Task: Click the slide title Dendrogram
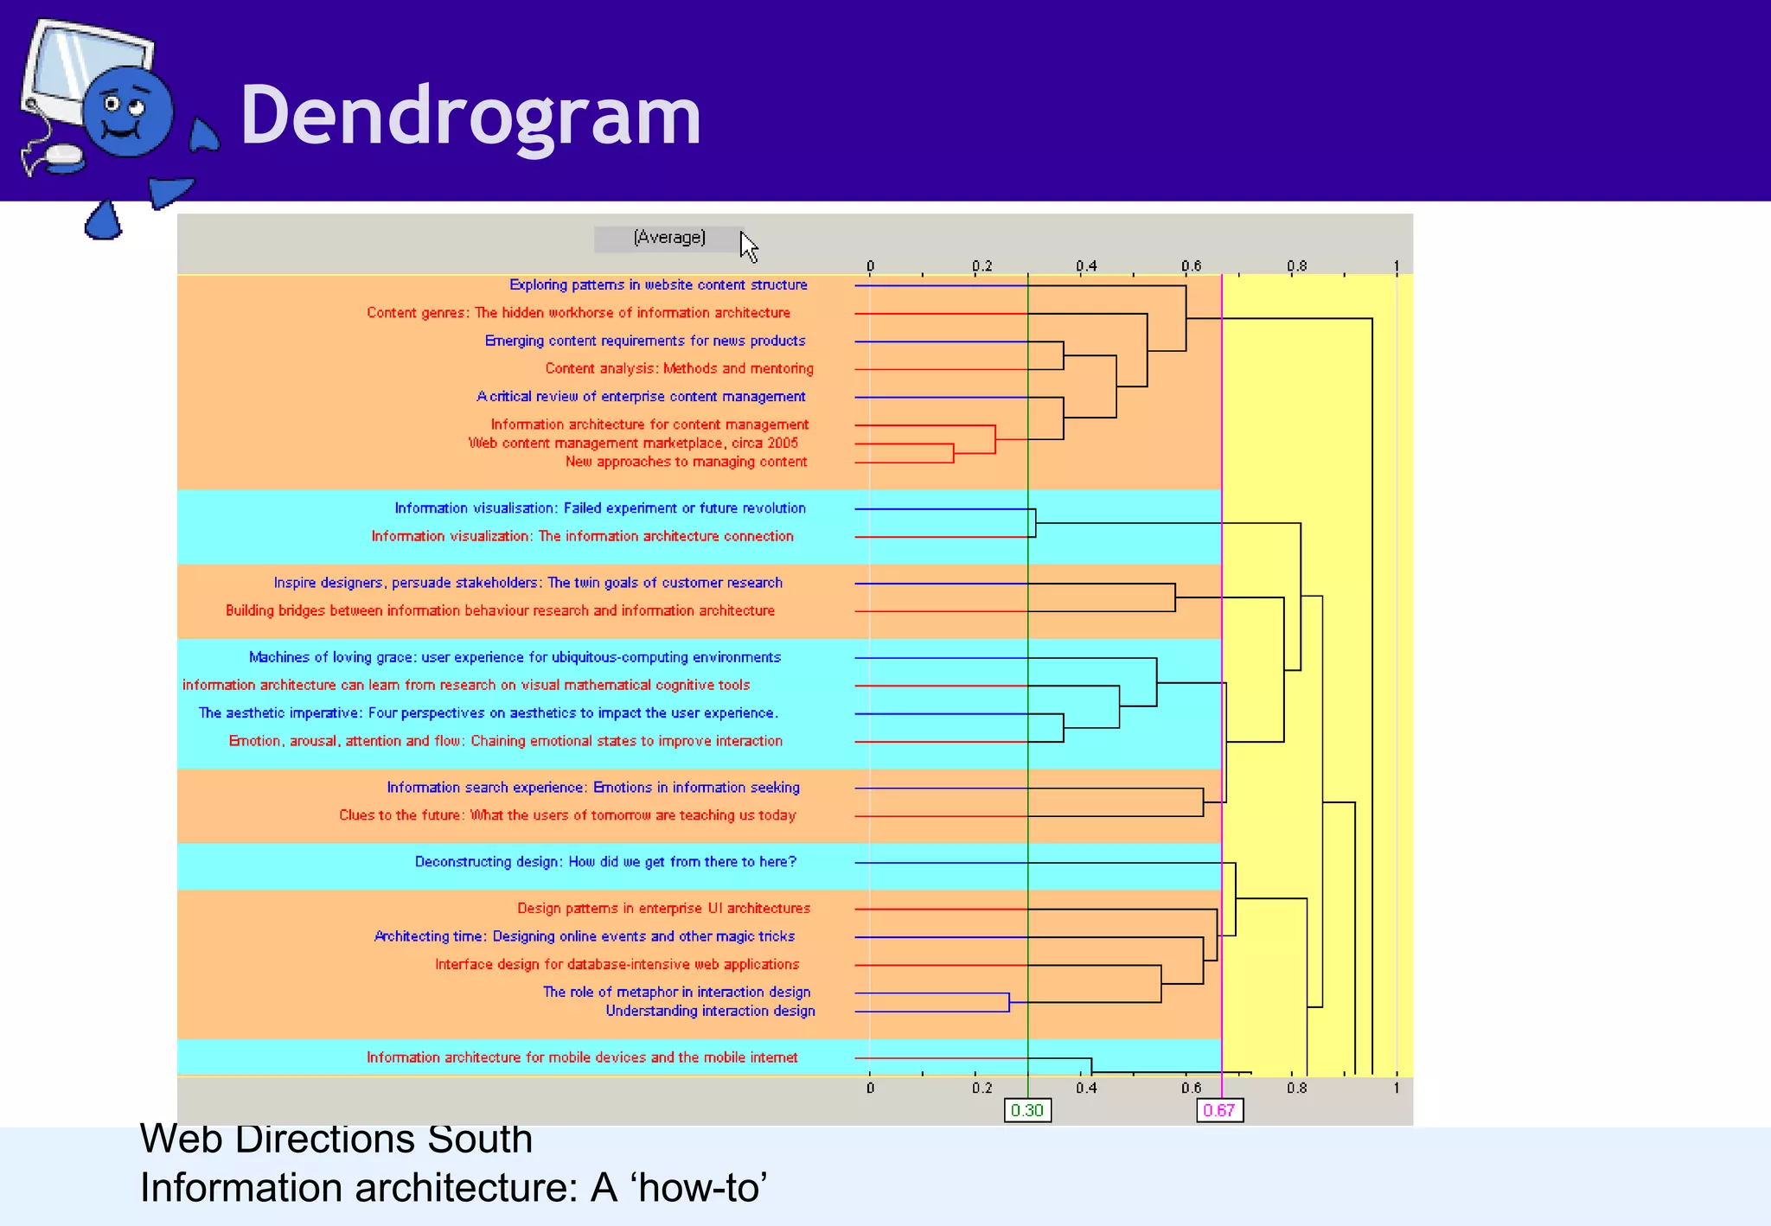[470, 115]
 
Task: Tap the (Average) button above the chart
[668, 238]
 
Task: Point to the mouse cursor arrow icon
[748, 246]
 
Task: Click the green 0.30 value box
[1027, 1110]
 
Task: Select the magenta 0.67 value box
[1219, 1110]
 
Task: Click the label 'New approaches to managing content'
[686, 462]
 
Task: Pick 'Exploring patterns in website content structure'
[658, 284]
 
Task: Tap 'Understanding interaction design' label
[710, 1011]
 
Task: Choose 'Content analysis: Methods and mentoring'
[679, 368]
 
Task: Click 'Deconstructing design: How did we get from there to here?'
[605, 861]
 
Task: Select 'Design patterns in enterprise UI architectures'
[663, 908]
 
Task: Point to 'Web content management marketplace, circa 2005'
[633, 443]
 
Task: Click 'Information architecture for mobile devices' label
[582, 1057]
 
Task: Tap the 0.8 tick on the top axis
[1295, 266]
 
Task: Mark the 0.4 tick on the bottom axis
[1086, 1088]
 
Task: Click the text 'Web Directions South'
[336, 1139]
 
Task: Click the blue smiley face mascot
[127, 112]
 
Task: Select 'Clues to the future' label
[567, 814]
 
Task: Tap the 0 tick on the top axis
[870, 266]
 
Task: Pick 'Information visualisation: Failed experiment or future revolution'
[600, 508]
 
